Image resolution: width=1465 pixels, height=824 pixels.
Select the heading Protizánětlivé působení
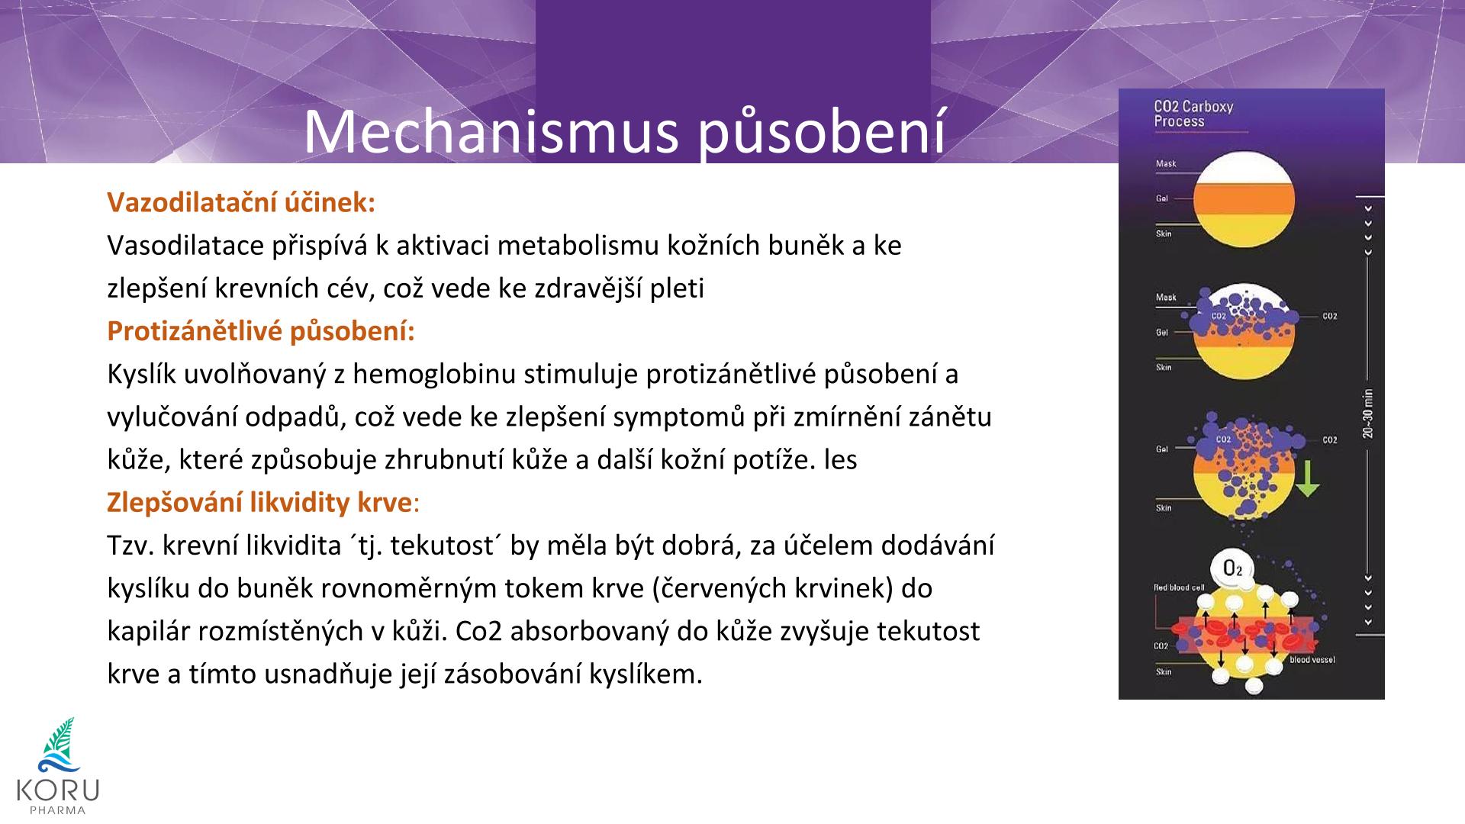(x=261, y=331)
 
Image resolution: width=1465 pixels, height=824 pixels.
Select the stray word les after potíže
(x=840, y=460)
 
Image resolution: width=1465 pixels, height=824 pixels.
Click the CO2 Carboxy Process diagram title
(x=1193, y=114)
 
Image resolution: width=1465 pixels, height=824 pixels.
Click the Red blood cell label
(x=1179, y=587)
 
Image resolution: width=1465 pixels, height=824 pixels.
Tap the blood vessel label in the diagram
(x=1312, y=659)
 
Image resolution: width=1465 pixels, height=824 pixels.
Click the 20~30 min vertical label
(x=1368, y=414)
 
